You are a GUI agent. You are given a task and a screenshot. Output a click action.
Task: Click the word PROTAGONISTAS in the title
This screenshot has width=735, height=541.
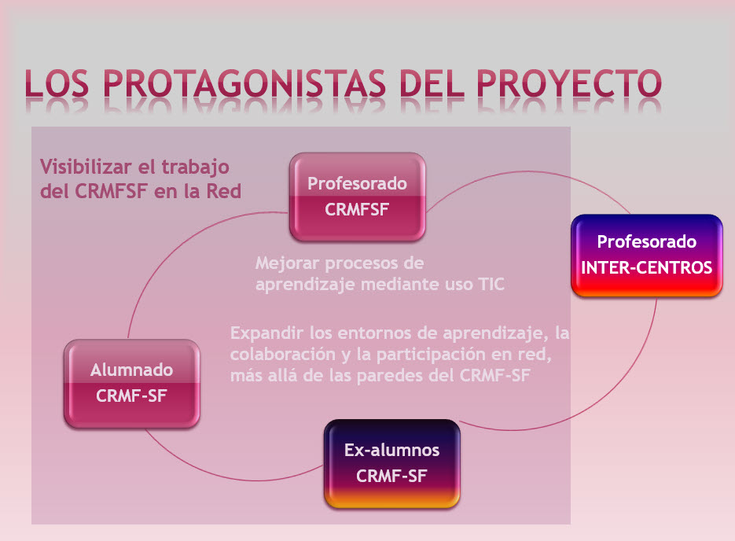click(244, 83)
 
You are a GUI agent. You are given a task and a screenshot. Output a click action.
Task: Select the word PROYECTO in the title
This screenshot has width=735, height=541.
click(569, 83)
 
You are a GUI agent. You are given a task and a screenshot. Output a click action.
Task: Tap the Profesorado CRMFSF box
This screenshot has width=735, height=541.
click(357, 197)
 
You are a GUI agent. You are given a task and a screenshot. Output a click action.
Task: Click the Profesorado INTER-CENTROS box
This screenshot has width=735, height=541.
click(646, 256)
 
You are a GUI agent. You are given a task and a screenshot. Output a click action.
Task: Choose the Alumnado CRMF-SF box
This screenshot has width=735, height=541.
click(132, 384)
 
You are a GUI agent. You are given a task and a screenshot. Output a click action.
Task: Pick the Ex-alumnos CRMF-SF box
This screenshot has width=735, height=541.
click(392, 464)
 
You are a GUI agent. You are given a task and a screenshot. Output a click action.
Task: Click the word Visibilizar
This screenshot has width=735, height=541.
click(86, 167)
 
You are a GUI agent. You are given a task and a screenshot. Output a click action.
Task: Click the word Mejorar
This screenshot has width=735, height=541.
click(287, 263)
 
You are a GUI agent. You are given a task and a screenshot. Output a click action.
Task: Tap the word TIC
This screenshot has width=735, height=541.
click(491, 284)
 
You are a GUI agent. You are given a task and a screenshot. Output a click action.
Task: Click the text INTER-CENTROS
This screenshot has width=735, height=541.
click(646, 267)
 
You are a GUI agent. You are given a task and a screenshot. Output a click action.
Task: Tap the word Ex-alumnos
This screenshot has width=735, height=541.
click(392, 450)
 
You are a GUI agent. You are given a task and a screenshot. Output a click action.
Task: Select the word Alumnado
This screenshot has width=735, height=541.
click(132, 370)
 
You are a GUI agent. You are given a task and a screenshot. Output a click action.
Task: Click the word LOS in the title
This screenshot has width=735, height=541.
click(57, 83)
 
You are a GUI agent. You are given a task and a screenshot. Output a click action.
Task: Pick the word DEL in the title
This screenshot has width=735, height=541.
click(432, 83)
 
